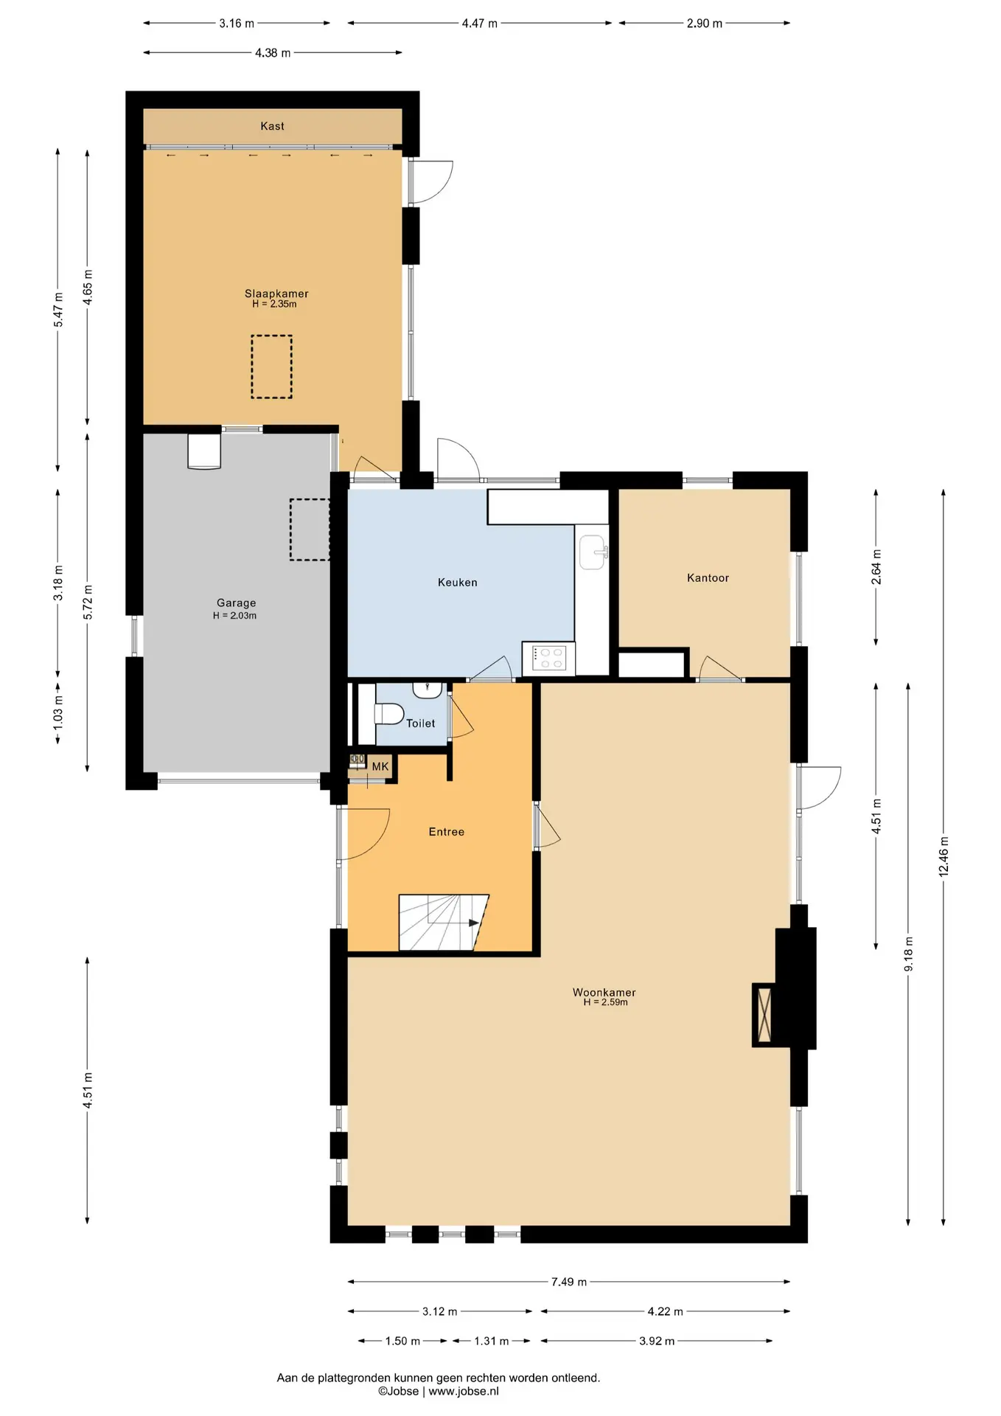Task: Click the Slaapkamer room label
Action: click(x=276, y=294)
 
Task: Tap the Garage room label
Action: click(x=237, y=603)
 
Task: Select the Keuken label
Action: click(x=458, y=583)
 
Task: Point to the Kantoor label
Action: click(x=708, y=578)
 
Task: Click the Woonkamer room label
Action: click(x=604, y=993)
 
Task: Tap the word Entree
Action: click(x=447, y=832)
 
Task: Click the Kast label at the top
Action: click(x=273, y=126)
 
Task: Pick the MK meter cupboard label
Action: click(x=380, y=767)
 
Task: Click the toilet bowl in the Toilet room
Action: click(x=389, y=713)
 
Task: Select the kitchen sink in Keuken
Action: click(x=593, y=552)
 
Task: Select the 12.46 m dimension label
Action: click(x=944, y=856)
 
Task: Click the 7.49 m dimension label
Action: click(x=569, y=1282)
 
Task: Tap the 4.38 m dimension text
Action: click(x=273, y=53)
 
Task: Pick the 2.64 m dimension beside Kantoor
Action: click(x=876, y=567)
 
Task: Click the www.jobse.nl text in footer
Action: click(x=464, y=1391)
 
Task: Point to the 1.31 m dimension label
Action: click(x=492, y=1341)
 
